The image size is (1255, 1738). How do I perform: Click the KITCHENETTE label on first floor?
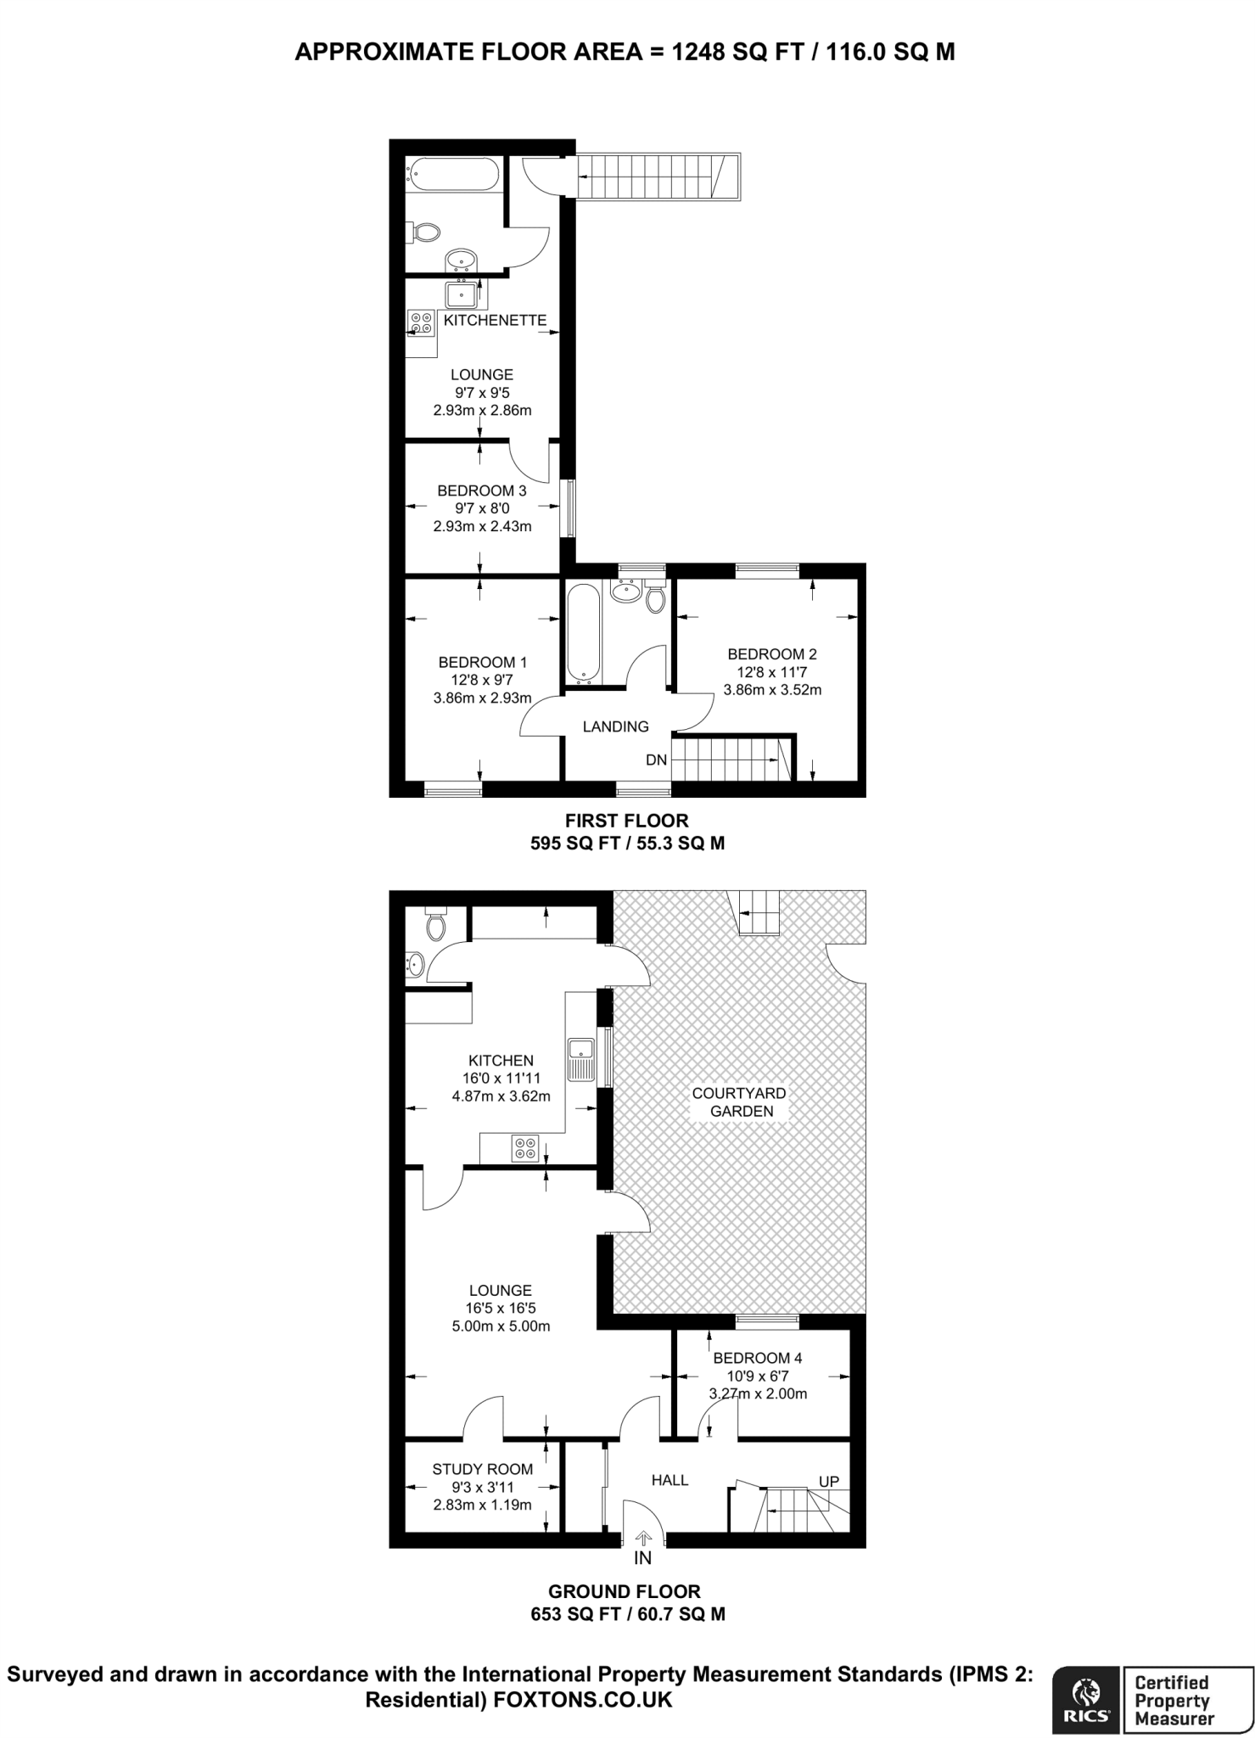click(x=495, y=321)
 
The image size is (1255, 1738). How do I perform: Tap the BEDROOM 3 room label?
click(x=481, y=491)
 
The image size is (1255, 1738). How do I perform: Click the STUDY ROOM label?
click(x=482, y=1469)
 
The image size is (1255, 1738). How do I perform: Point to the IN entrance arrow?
click(x=642, y=1537)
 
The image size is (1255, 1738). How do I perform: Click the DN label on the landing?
click(x=656, y=760)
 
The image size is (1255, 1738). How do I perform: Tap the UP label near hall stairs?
click(x=828, y=1482)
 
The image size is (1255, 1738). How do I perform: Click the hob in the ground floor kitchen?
click(x=524, y=1148)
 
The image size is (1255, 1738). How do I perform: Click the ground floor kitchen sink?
click(x=581, y=1058)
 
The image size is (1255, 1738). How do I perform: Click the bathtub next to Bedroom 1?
click(x=584, y=631)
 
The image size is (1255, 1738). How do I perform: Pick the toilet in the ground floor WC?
click(x=435, y=925)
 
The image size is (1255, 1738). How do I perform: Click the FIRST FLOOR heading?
click(x=626, y=821)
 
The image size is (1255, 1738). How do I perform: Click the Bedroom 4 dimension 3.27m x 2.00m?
click(x=757, y=1393)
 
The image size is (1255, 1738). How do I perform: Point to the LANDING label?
click(x=615, y=726)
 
